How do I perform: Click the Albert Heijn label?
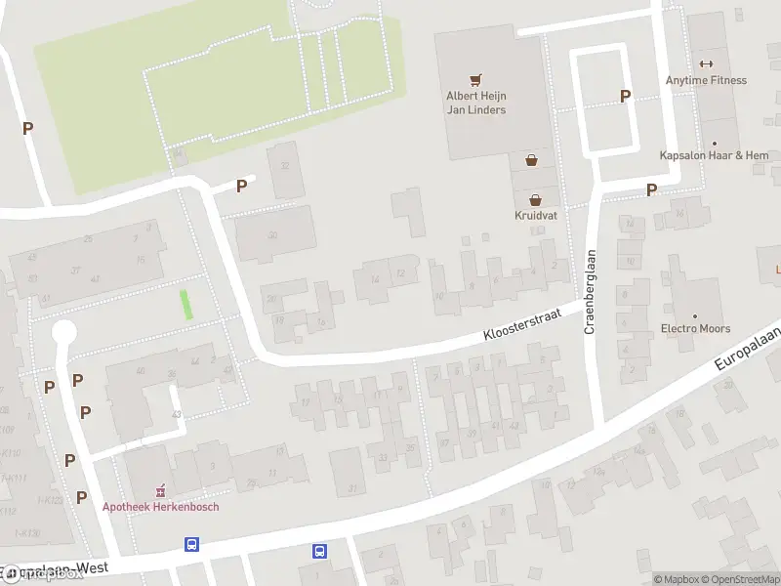point(476,96)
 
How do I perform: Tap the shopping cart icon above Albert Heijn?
point(476,79)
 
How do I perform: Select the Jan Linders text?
point(476,110)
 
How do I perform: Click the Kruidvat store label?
point(536,215)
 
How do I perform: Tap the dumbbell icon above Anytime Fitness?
point(706,63)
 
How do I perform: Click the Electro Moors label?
point(695,329)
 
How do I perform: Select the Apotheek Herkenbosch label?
point(161,507)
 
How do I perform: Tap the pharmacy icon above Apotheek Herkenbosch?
point(162,489)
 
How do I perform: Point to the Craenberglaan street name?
point(590,292)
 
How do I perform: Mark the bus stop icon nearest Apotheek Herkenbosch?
point(191,545)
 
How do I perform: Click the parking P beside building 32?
point(241,186)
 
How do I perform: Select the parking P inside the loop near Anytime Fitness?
point(625,96)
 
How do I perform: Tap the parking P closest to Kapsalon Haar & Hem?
point(651,189)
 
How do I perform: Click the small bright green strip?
point(186,304)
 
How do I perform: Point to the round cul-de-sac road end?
point(63,333)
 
